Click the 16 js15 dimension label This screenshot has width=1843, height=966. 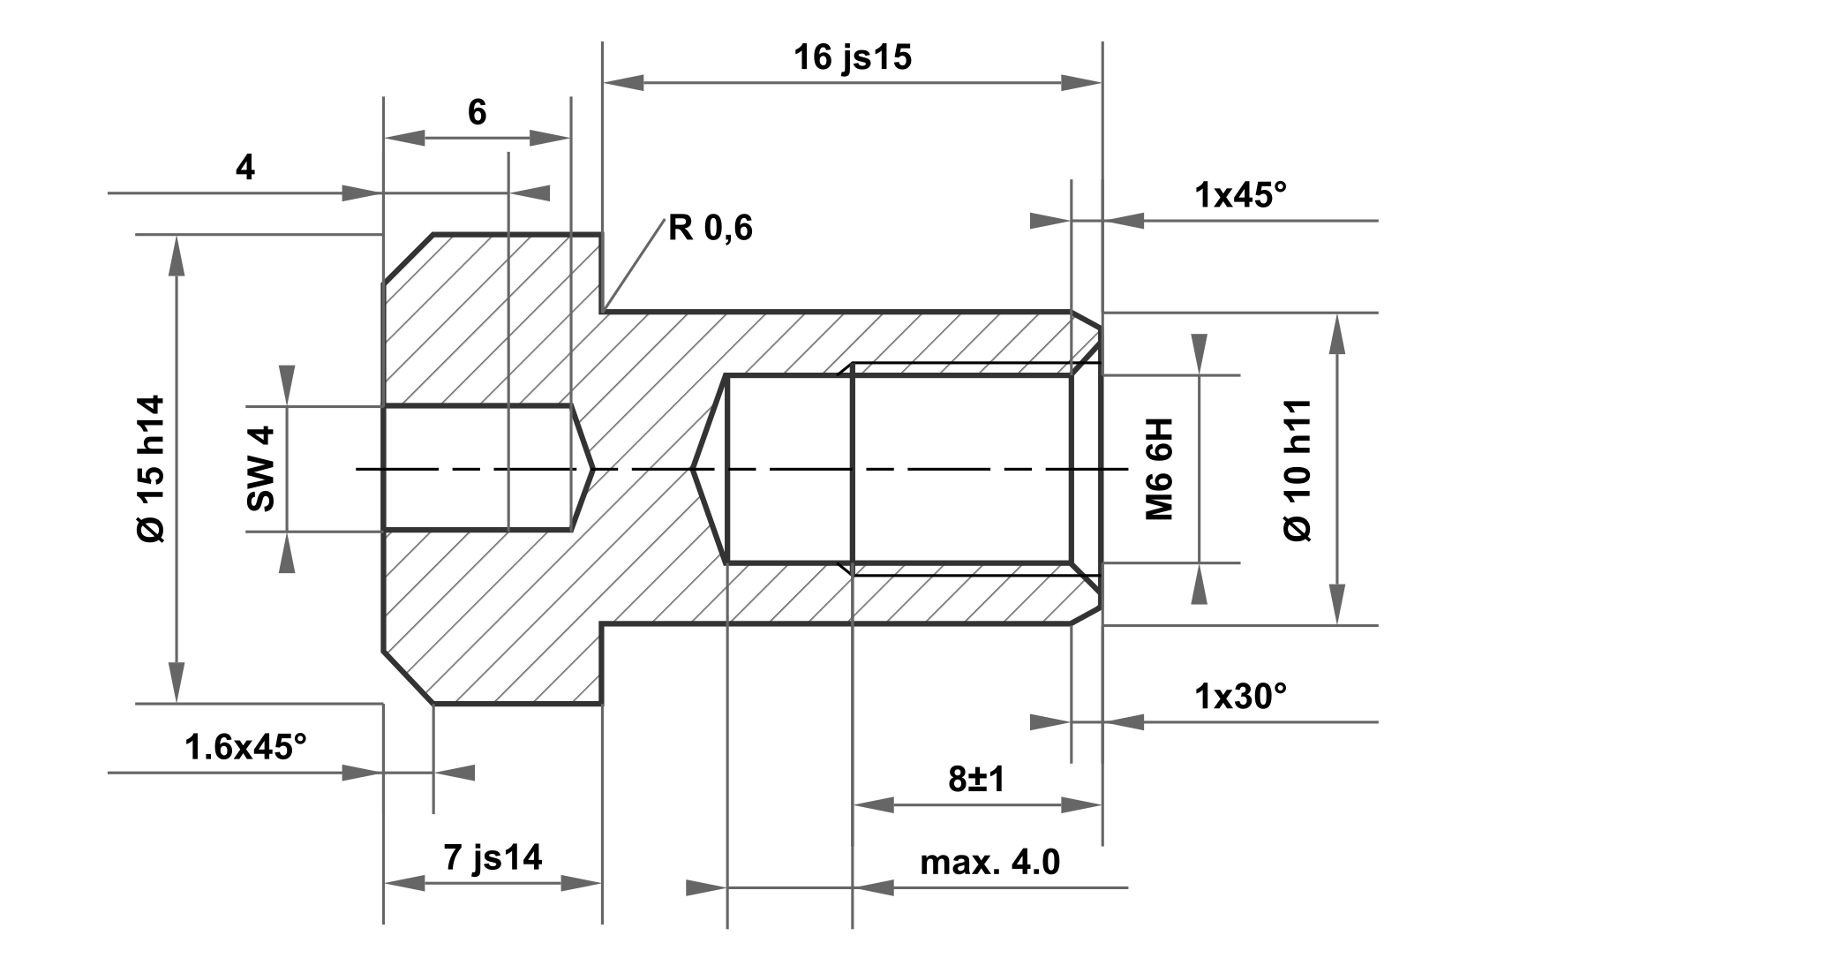(852, 57)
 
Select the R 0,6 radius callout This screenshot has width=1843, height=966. (710, 229)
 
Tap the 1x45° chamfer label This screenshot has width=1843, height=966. (1240, 195)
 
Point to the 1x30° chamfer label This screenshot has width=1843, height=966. (1240, 697)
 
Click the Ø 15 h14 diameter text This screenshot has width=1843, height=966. (152, 469)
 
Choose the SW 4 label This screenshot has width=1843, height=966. (261, 469)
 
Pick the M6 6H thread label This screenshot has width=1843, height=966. (1159, 469)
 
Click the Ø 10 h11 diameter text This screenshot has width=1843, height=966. (1298, 469)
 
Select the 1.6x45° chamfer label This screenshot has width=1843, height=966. (245, 748)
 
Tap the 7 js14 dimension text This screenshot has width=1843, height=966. (493, 857)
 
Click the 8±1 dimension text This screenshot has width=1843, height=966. (976, 779)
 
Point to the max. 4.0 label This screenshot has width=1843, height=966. (989, 862)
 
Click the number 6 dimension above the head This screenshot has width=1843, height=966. (477, 112)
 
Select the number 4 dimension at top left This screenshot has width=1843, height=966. (245, 167)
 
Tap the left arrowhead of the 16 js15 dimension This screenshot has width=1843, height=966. (622, 82)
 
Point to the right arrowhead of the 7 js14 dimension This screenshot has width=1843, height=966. (582, 883)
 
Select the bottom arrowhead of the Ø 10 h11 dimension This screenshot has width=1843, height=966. (1337, 606)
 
